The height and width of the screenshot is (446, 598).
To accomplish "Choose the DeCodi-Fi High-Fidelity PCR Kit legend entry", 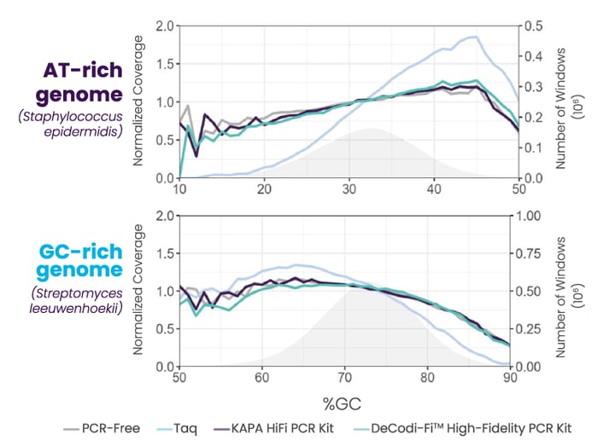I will [485, 423].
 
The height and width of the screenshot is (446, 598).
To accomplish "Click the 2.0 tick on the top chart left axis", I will [164, 26].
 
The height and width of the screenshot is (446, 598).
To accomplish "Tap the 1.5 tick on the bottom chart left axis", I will [164, 253].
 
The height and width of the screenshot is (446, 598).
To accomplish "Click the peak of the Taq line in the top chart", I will [474, 37].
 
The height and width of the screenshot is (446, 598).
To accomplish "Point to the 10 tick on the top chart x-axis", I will [179, 188].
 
